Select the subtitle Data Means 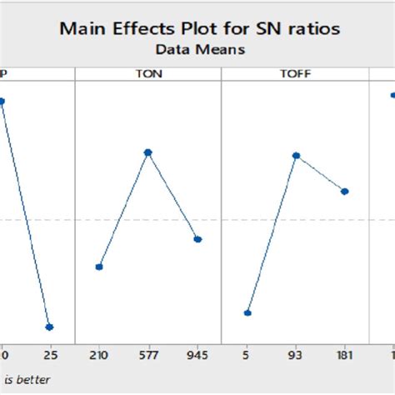click(196, 50)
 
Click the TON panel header click(148, 74)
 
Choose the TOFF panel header click(295, 74)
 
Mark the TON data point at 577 click(148, 152)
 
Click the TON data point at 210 click(99, 267)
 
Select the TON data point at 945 click(197, 239)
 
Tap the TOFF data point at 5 click(247, 312)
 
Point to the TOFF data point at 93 click(296, 155)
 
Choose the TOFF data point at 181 click(345, 192)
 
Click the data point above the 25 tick click(49, 327)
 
